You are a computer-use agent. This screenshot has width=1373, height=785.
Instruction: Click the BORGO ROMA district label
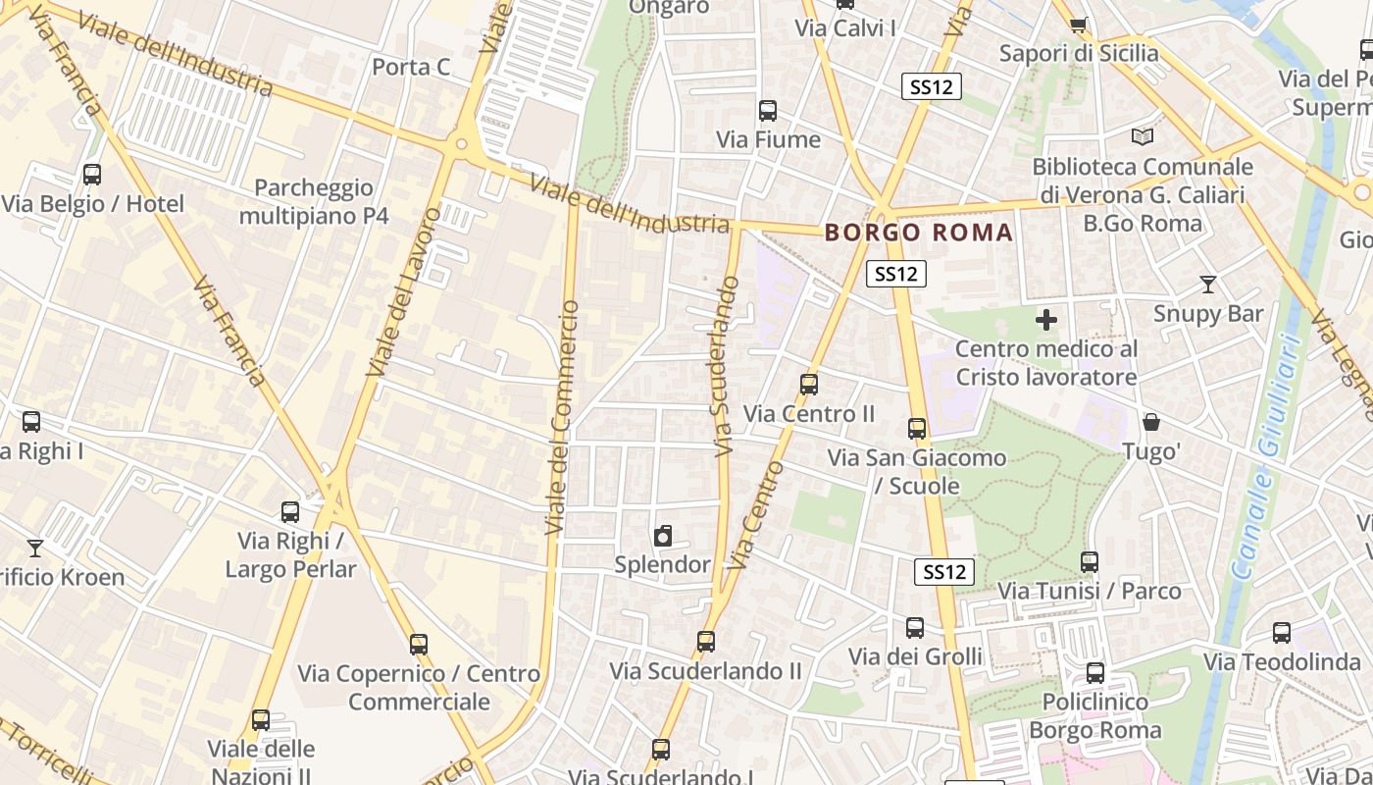click(x=919, y=233)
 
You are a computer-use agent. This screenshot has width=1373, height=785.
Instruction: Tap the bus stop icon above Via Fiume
click(x=767, y=111)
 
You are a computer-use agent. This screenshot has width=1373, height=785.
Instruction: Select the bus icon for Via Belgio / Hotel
click(x=92, y=175)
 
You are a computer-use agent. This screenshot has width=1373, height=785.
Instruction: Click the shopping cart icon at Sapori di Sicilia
click(x=1078, y=25)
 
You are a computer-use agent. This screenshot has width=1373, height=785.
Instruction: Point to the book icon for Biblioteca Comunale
click(x=1142, y=136)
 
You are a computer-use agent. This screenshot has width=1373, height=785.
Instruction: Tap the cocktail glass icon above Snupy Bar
click(x=1207, y=285)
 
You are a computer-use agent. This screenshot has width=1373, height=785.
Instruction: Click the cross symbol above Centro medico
click(x=1046, y=320)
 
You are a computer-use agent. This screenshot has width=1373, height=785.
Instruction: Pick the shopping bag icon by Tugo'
click(x=1151, y=422)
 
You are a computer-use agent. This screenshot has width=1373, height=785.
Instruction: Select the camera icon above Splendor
click(x=663, y=536)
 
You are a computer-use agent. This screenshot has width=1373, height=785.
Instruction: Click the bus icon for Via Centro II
click(x=809, y=385)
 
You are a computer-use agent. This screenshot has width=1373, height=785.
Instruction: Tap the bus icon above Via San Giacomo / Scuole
click(x=917, y=428)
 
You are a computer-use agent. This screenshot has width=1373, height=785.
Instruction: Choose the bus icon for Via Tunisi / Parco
click(x=1089, y=562)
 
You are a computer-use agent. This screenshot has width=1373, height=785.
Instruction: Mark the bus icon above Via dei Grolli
click(x=915, y=627)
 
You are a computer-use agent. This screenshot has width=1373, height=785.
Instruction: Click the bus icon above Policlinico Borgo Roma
click(x=1094, y=673)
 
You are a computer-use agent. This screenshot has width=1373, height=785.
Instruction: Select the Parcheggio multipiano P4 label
click(x=314, y=201)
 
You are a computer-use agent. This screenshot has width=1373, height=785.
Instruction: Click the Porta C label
click(x=411, y=67)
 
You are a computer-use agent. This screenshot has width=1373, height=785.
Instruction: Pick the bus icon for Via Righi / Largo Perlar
click(x=289, y=511)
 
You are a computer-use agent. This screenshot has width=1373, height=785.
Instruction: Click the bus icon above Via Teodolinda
click(x=1281, y=633)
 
